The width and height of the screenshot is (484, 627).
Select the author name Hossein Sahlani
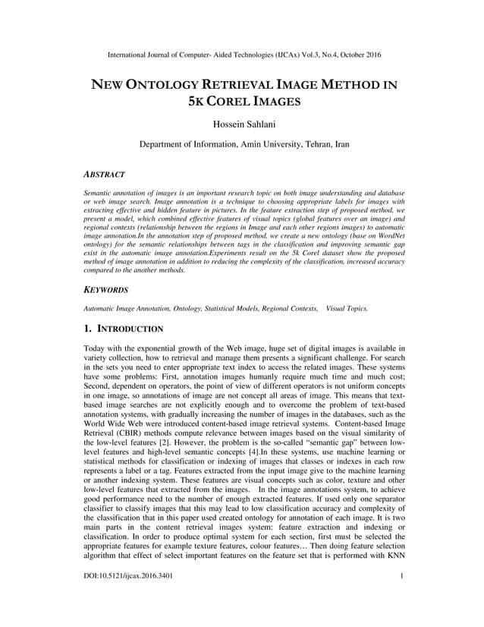click(x=242, y=124)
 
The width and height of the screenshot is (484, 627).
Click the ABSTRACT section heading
click(x=104, y=175)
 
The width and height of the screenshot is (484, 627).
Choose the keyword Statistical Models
click(x=247, y=308)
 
